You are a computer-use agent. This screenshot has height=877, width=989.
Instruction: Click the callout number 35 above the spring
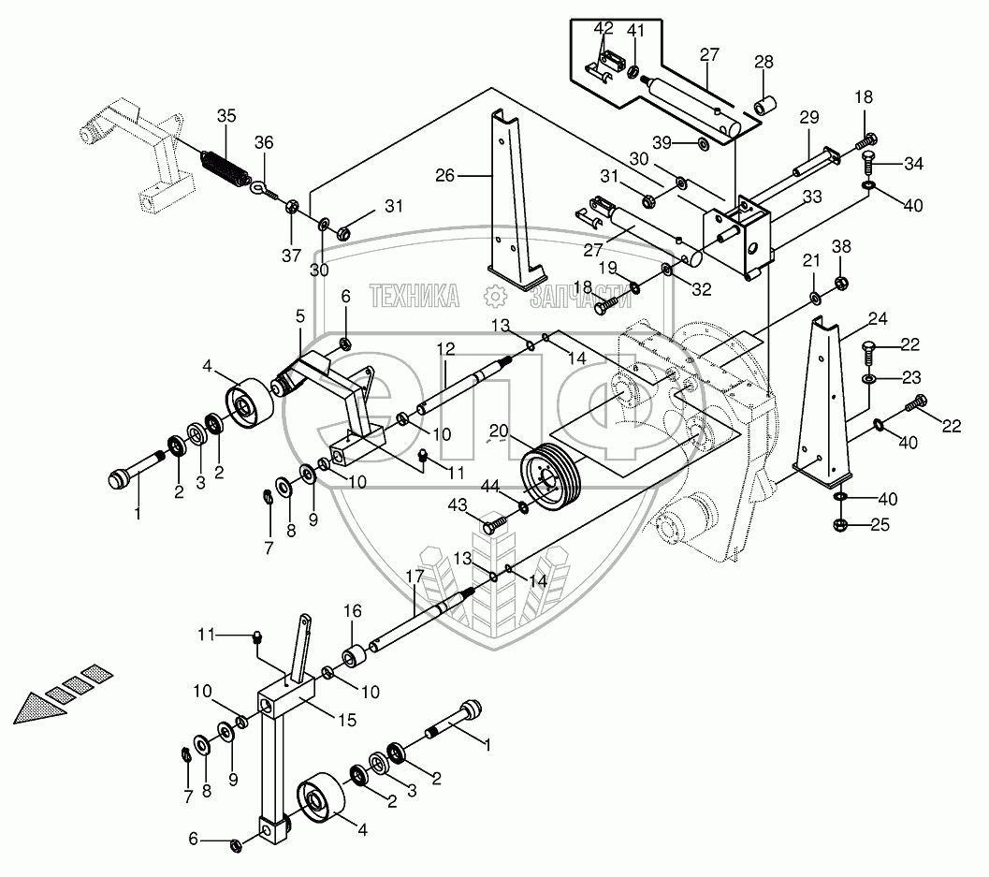(x=226, y=116)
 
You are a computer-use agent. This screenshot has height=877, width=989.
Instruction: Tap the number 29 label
(x=809, y=117)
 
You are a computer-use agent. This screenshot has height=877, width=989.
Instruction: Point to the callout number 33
(x=811, y=197)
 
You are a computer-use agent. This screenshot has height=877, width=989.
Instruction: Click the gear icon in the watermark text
(x=494, y=298)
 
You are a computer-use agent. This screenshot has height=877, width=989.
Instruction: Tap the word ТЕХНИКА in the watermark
(x=415, y=298)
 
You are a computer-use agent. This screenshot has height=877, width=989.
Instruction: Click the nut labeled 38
(x=840, y=282)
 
